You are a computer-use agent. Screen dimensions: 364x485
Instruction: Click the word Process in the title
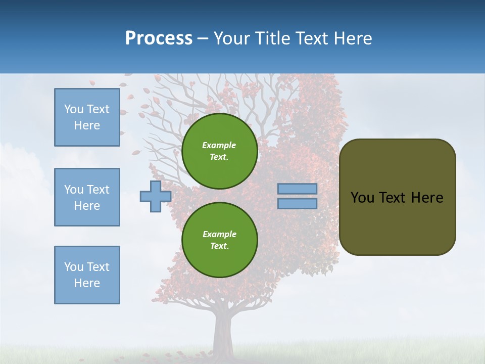click(x=159, y=38)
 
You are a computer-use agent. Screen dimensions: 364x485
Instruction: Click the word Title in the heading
click(x=273, y=38)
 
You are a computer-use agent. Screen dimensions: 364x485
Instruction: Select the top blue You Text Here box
click(x=87, y=117)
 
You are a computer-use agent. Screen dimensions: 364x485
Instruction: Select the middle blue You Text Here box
click(x=87, y=197)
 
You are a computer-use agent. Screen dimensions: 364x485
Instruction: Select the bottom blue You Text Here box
click(x=87, y=275)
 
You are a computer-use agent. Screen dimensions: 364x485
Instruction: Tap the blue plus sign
click(x=155, y=196)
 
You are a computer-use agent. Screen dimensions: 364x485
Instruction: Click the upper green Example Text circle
click(x=219, y=151)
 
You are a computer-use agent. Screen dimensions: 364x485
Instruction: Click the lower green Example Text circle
click(x=219, y=240)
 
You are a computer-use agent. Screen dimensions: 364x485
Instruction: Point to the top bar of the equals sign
click(x=297, y=189)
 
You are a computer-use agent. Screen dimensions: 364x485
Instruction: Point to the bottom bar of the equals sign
click(x=297, y=203)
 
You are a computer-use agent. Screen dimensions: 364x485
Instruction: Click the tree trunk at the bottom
click(x=223, y=334)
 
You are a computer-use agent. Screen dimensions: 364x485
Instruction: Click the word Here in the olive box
click(x=427, y=198)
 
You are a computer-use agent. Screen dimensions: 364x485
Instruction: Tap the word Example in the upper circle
click(x=219, y=145)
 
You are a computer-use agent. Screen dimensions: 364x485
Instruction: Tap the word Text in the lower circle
click(x=219, y=246)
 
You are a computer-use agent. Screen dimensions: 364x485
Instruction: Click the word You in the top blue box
click(x=74, y=109)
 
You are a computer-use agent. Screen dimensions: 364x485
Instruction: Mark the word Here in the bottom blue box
click(x=87, y=283)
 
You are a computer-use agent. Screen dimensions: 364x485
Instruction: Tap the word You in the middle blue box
click(x=74, y=190)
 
